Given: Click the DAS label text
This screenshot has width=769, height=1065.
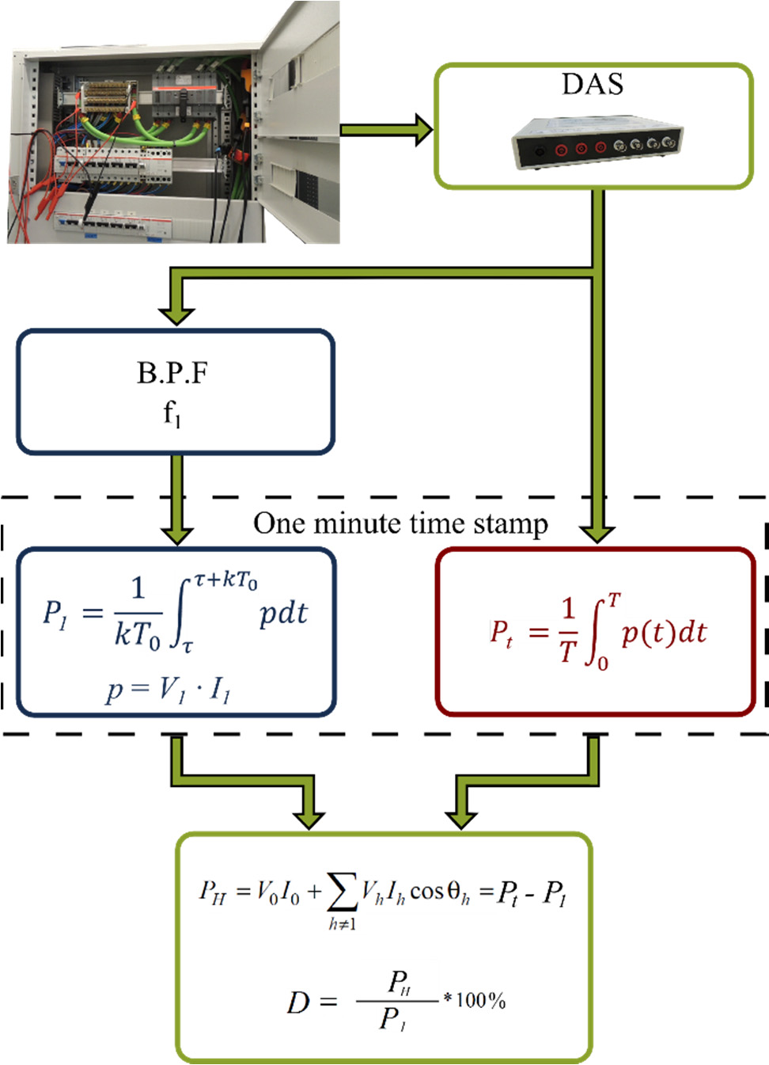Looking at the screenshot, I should pos(593,84).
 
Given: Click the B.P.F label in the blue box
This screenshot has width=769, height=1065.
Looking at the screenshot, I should pos(172,373).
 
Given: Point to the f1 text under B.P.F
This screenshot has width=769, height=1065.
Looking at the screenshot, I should pos(172,413).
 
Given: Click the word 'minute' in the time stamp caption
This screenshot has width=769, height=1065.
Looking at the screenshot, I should pos(356,524).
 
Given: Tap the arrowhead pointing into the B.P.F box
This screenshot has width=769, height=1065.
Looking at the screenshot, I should pos(176,314).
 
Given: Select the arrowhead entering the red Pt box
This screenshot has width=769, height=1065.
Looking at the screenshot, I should pos(597,532).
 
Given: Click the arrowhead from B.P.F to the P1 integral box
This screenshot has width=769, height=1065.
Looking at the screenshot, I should pos(176,533).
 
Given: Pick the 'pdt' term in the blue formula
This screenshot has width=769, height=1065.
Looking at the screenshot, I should pos(283,614).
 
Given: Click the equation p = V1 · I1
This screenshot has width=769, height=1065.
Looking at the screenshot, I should pos(168,690).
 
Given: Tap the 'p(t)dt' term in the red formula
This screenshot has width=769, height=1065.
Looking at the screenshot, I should pos(664,633).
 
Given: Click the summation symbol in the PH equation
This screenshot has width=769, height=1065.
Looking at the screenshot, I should pos(342,892).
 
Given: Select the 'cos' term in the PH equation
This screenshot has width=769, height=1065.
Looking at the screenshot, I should pos(427,892).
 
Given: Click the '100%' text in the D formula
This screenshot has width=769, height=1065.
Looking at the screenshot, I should pos(480,1001).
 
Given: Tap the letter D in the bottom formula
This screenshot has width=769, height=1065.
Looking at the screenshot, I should pos(298,1003).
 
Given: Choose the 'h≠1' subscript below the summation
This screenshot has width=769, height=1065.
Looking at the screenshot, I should pos(343,924).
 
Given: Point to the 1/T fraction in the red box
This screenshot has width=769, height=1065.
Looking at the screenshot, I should pos(568,630).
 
